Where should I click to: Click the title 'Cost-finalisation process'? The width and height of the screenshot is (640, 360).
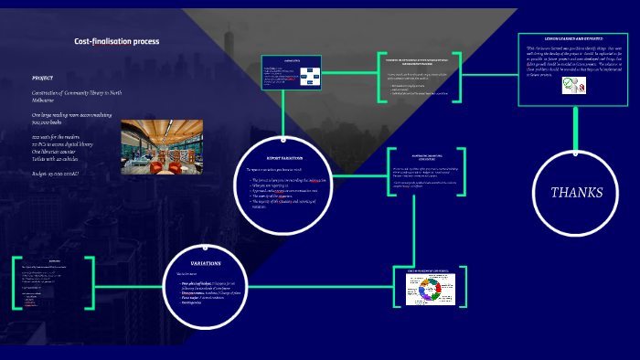[116, 41]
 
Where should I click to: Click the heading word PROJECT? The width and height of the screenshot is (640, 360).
[43, 78]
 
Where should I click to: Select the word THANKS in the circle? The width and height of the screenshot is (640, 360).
[576, 192]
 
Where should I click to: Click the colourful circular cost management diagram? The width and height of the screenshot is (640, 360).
[429, 289]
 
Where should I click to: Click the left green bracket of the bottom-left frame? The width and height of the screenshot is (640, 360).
[15, 282]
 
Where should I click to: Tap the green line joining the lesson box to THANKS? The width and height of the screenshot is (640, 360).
[577, 122]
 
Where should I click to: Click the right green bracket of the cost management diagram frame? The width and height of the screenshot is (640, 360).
[464, 287]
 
